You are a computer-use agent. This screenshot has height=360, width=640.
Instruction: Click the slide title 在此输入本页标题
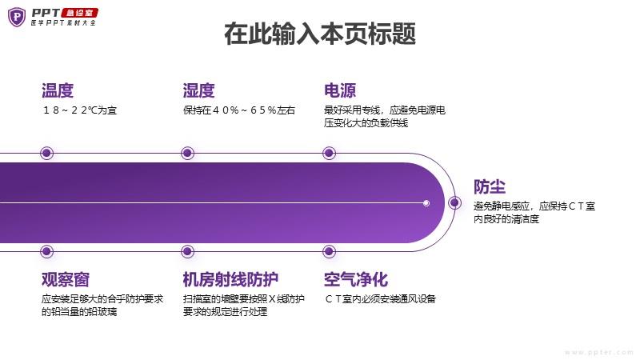[x=320, y=34]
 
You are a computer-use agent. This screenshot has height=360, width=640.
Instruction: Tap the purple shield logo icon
[x=17, y=17]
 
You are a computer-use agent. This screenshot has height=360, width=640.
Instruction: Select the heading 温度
[x=58, y=90]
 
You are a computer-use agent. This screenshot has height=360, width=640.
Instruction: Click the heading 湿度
[x=198, y=90]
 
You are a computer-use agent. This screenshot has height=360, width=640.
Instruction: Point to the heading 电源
[x=340, y=90]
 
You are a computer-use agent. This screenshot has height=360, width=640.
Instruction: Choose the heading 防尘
[x=490, y=186]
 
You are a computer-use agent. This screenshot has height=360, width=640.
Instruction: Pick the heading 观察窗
[x=66, y=279]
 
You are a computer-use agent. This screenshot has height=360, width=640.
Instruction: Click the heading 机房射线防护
[x=230, y=279]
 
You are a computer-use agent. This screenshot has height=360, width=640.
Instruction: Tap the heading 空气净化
[x=356, y=279]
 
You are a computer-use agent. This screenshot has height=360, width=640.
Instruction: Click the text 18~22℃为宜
[x=79, y=110]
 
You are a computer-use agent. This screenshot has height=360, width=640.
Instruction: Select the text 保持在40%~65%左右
[x=239, y=110]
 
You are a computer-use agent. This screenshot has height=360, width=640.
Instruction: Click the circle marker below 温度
[x=47, y=153]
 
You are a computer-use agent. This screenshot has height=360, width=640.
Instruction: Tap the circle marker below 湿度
[x=188, y=153]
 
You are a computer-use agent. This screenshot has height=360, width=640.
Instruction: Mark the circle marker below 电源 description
[x=329, y=153]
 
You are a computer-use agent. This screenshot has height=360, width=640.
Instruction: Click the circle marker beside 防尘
[x=454, y=203]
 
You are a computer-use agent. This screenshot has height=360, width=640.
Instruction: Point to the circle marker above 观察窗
[x=47, y=251]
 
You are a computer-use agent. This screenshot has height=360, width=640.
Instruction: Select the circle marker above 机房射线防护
[x=188, y=251]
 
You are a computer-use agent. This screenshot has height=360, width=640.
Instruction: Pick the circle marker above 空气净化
[x=329, y=251]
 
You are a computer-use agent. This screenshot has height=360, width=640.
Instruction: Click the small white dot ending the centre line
[x=426, y=203]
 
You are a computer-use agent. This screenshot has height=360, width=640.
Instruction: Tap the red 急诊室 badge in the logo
[x=79, y=13]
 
